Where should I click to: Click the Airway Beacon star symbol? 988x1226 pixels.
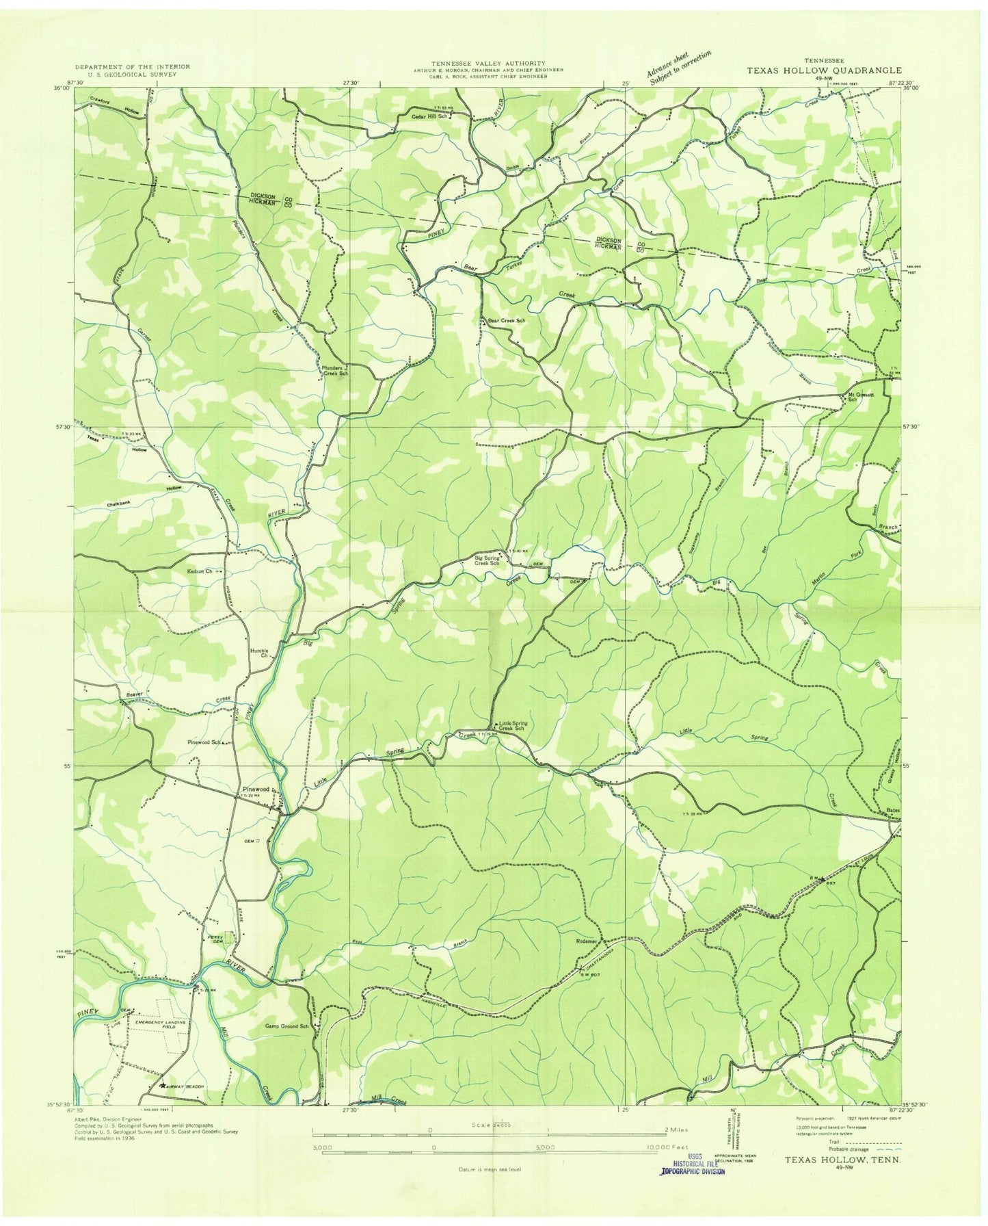[163, 1085]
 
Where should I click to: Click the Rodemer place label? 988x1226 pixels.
[588, 940]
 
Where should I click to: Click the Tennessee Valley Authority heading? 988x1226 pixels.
[488, 63]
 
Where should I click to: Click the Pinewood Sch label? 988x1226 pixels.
[204, 742]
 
